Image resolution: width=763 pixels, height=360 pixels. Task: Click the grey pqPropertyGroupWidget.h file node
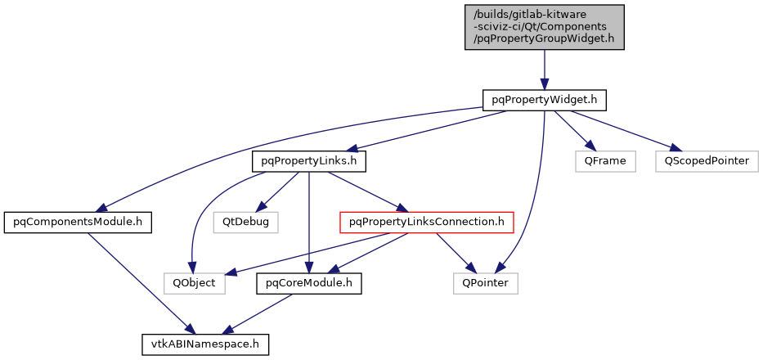[x=545, y=27]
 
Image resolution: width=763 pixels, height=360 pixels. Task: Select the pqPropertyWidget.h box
[x=545, y=100]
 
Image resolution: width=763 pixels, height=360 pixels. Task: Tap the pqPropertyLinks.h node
[x=309, y=161]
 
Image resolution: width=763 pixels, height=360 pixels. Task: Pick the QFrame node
[x=605, y=161]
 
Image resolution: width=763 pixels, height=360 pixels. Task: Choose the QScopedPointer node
[x=706, y=161]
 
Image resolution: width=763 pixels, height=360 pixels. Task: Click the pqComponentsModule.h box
[x=79, y=222]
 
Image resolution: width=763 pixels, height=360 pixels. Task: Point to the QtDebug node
[x=245, y=222]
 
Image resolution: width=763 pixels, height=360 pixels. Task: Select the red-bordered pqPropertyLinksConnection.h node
[x=426, y=222]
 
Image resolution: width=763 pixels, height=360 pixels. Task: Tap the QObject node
[x=194, y=283]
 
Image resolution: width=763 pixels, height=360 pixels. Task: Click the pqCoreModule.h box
[x=309, y=283]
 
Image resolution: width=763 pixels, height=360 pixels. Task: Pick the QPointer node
[x=485, y=283]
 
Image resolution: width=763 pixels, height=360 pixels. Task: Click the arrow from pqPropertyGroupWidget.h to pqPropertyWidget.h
[x=545, y=70]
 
